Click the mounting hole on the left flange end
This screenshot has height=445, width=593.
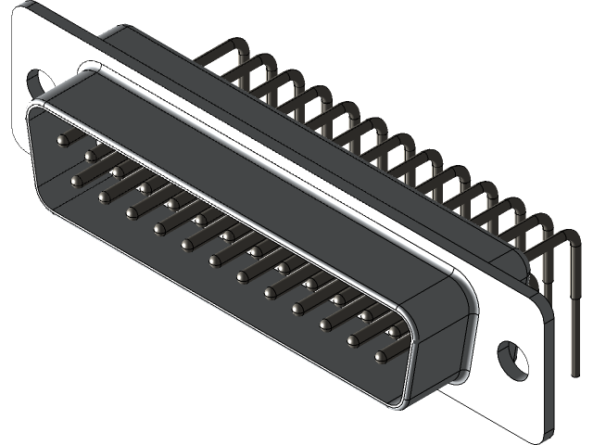pos(40,81)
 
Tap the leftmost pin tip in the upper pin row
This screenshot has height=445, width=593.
pos(62,140)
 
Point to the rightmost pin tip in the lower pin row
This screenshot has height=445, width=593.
pos(382,354)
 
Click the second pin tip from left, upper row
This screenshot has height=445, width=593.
pos(90,156)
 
